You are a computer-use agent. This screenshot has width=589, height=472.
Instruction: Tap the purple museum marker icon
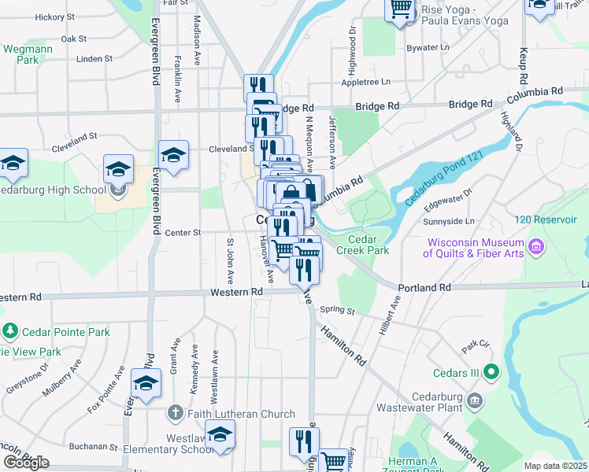click(537, 249)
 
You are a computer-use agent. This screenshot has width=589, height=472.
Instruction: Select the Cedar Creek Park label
click(363, 245)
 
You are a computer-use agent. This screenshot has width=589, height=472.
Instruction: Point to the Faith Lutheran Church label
click(240, 414)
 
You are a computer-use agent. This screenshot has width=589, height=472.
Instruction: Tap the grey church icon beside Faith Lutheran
click(176, 413)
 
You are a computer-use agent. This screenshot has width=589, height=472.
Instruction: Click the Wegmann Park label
click(21, 53)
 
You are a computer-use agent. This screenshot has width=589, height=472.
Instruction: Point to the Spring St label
click(338, 311)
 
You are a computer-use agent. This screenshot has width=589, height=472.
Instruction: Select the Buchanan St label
click(93, 445)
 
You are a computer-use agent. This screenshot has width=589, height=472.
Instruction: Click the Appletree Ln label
click(365, 82)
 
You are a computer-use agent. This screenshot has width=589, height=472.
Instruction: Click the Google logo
click(26, 463)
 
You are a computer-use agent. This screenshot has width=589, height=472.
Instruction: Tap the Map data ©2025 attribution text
click(555, 466)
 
